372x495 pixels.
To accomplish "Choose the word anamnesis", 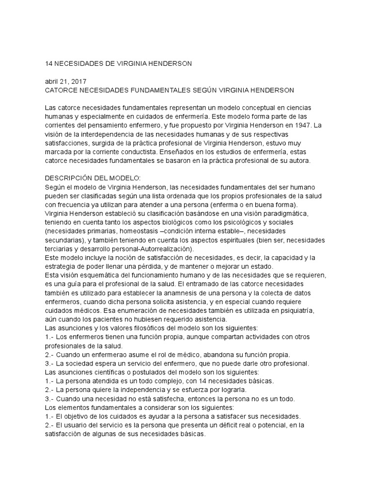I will pyautogui.click(x=196, y=292).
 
